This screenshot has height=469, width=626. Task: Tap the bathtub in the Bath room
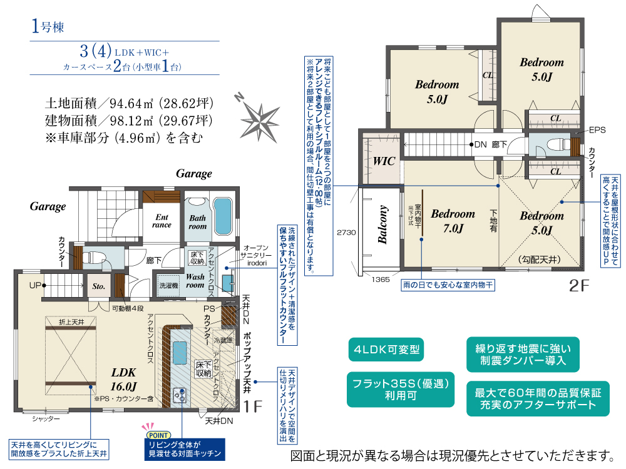[222, 216]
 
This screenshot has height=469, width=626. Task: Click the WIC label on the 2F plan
[384, 161]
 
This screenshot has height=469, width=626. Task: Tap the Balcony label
[383, 224]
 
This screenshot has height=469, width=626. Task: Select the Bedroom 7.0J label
[453, 221]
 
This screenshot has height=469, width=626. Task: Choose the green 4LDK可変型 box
[386, 350]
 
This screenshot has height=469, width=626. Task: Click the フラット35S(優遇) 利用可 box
[401, 390]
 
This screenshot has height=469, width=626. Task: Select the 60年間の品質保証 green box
[538, 399]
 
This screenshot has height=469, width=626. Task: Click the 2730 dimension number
[346, 232]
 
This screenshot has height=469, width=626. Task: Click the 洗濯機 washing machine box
[168, 285]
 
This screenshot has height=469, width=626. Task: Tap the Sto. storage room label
[99, 287]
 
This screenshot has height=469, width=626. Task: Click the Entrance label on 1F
[161, 221]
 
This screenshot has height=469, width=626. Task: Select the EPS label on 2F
[597, 131]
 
